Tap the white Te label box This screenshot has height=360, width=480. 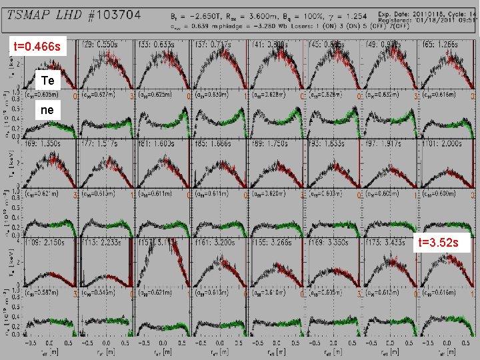point(47,81)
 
